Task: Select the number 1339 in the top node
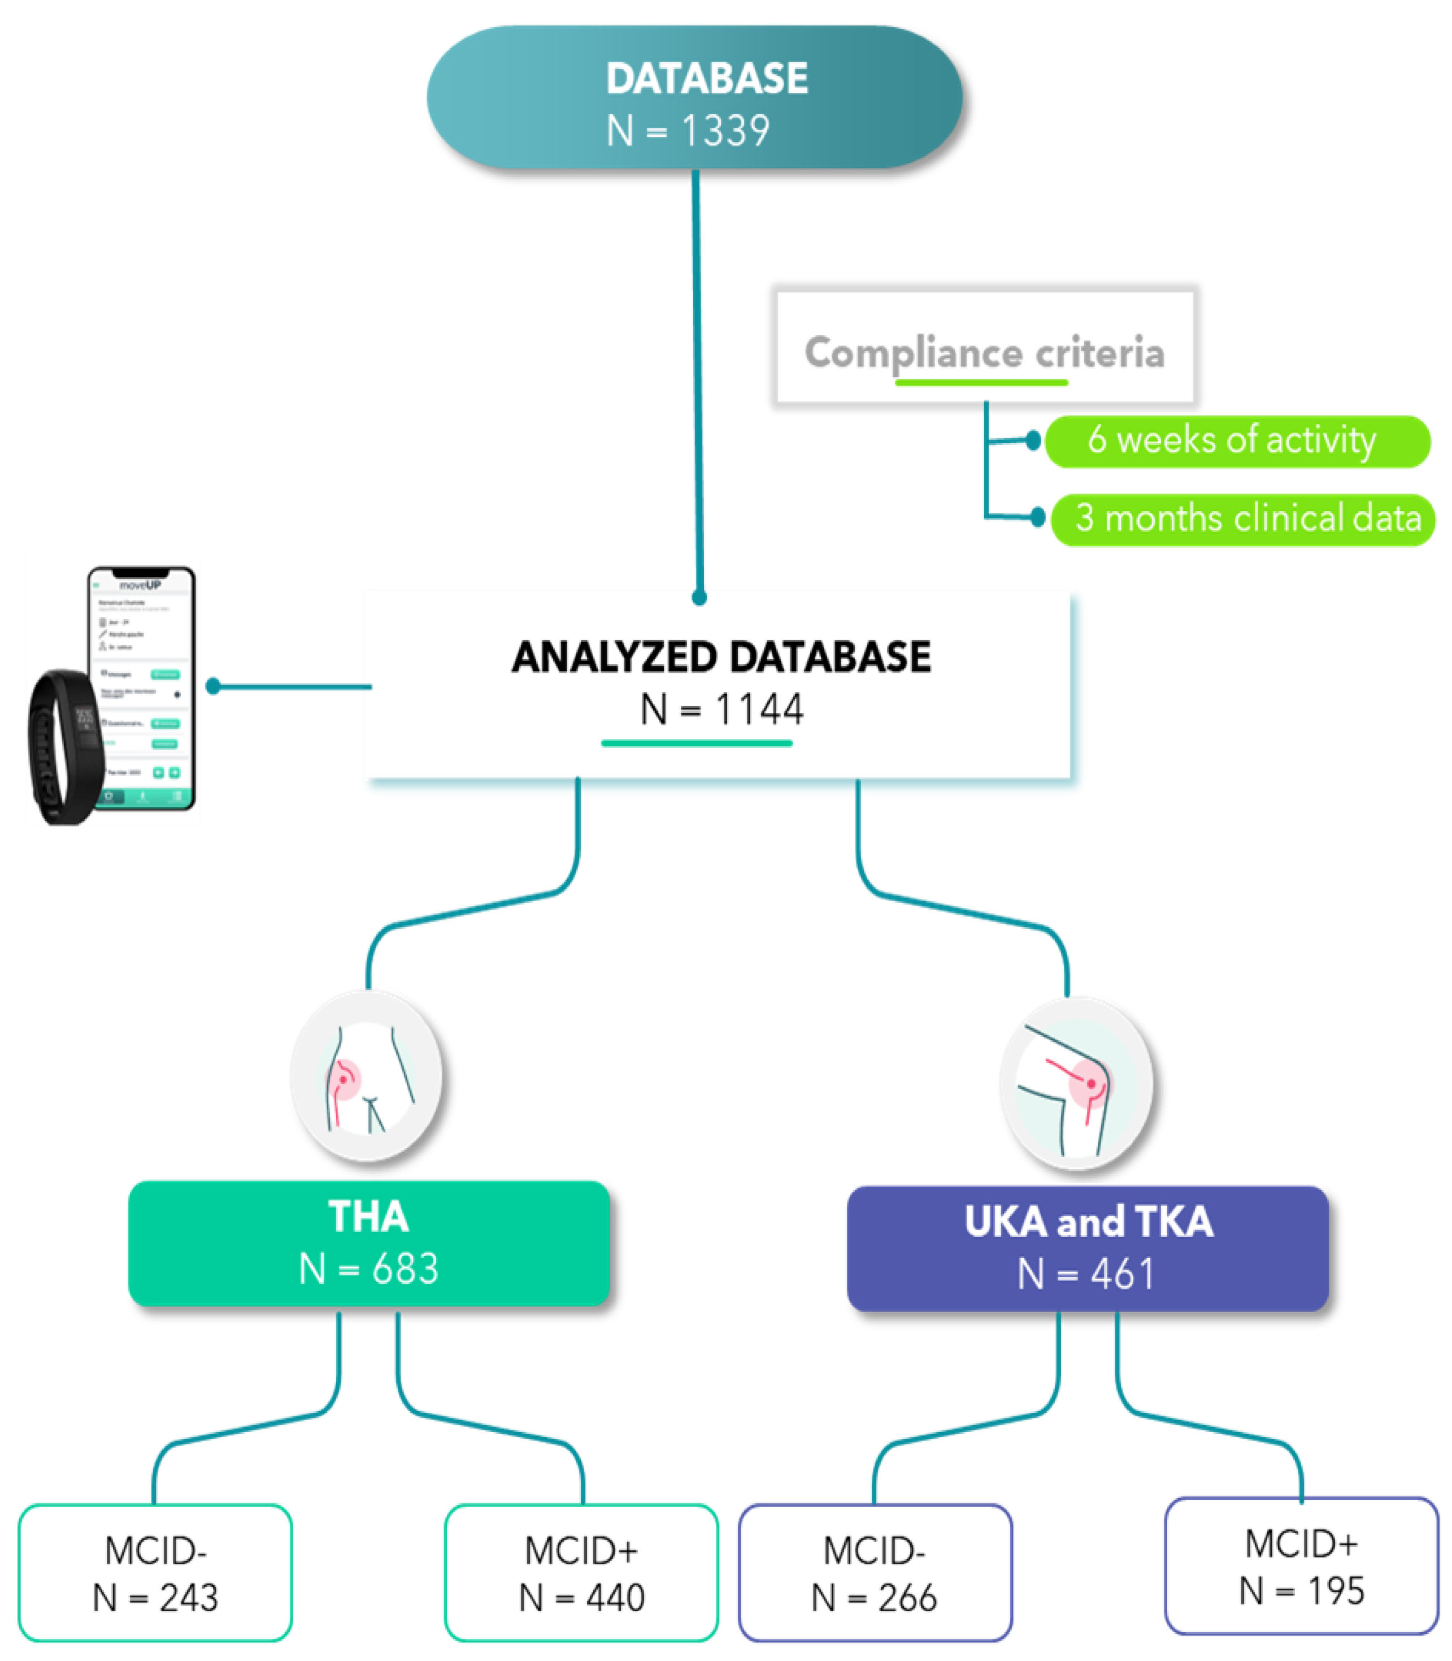point(725,131)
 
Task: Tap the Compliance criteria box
point(984,348)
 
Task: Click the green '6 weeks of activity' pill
point(1237,441)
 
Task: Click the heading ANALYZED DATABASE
point(720,656)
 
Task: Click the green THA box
point(369,1242)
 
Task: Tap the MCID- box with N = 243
point(155,1573)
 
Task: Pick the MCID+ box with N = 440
point(581,1573)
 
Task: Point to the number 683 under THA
point(405,1269)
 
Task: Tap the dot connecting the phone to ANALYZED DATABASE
point(213,686)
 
